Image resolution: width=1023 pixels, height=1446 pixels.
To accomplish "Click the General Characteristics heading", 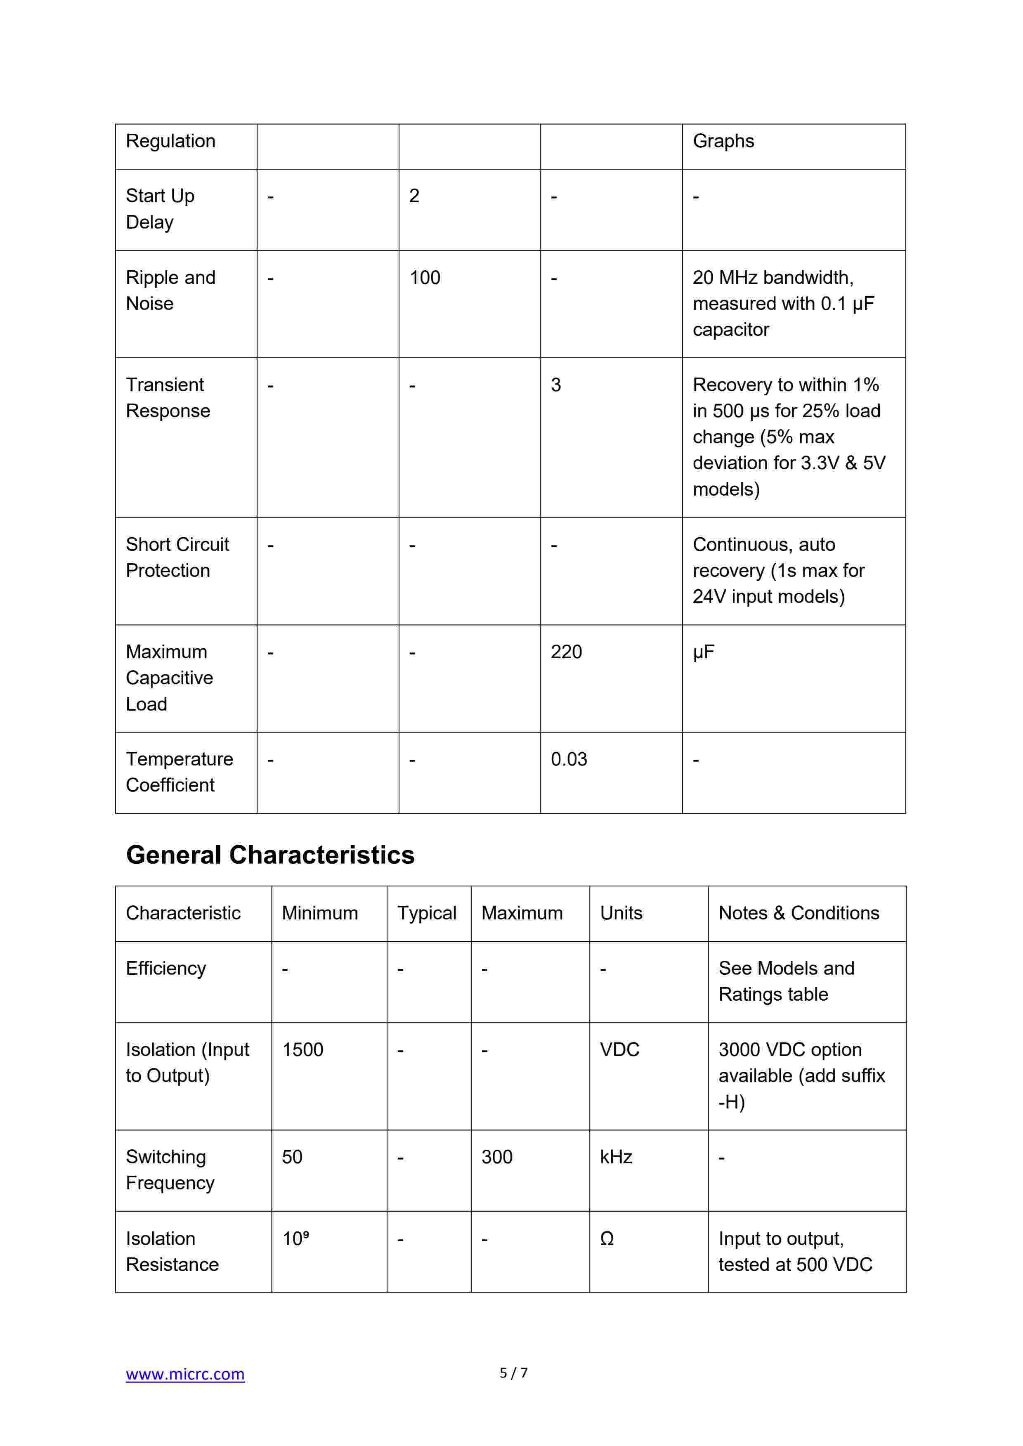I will tap(270, 855).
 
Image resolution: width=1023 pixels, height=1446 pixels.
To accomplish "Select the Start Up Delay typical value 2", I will tap(414, 196).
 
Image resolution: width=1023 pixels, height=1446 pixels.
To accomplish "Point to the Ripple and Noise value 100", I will tap(425, 278).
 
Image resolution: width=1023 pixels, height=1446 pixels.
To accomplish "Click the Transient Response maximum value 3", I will tap(555, 385).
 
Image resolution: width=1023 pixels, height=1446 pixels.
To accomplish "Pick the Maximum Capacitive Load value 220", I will tap(566, 652).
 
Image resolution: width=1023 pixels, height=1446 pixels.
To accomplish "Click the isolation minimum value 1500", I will tap(302, 1049).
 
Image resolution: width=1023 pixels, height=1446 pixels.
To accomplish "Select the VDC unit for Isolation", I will tap(619, 1049).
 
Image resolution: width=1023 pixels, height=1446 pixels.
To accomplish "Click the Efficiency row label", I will tap(165, 968).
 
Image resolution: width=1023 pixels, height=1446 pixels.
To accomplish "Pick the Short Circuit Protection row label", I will tap(177, 558).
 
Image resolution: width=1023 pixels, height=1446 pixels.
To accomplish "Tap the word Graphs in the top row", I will tap(723, 141).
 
